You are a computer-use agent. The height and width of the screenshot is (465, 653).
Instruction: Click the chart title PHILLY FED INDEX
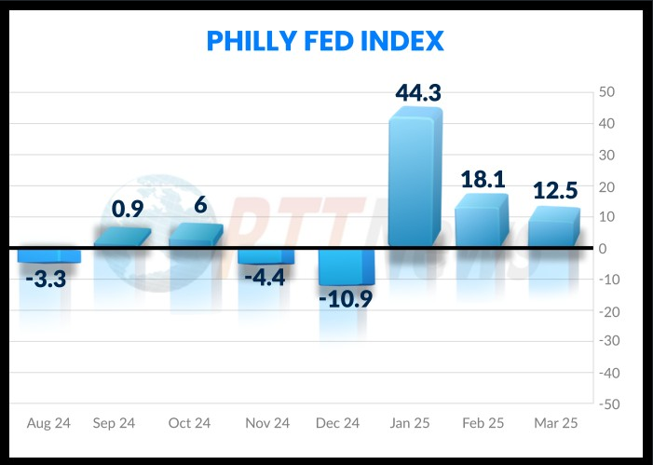pos(325,42)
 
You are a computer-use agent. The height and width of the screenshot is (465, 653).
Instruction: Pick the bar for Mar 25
pos(552,230)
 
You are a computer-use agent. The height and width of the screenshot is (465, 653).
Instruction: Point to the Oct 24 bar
pos(195,237)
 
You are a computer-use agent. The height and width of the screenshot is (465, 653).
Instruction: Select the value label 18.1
pos(483,179)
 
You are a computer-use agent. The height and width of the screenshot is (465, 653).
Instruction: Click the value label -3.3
pos(45,278)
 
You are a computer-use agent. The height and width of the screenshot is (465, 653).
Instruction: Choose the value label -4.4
pos(265,277)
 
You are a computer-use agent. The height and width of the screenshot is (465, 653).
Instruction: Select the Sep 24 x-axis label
pos(114,423)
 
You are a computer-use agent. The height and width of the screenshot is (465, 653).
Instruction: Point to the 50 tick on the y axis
pos(605,92)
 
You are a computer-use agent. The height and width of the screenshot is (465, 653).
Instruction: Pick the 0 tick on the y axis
pos(603,248)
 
